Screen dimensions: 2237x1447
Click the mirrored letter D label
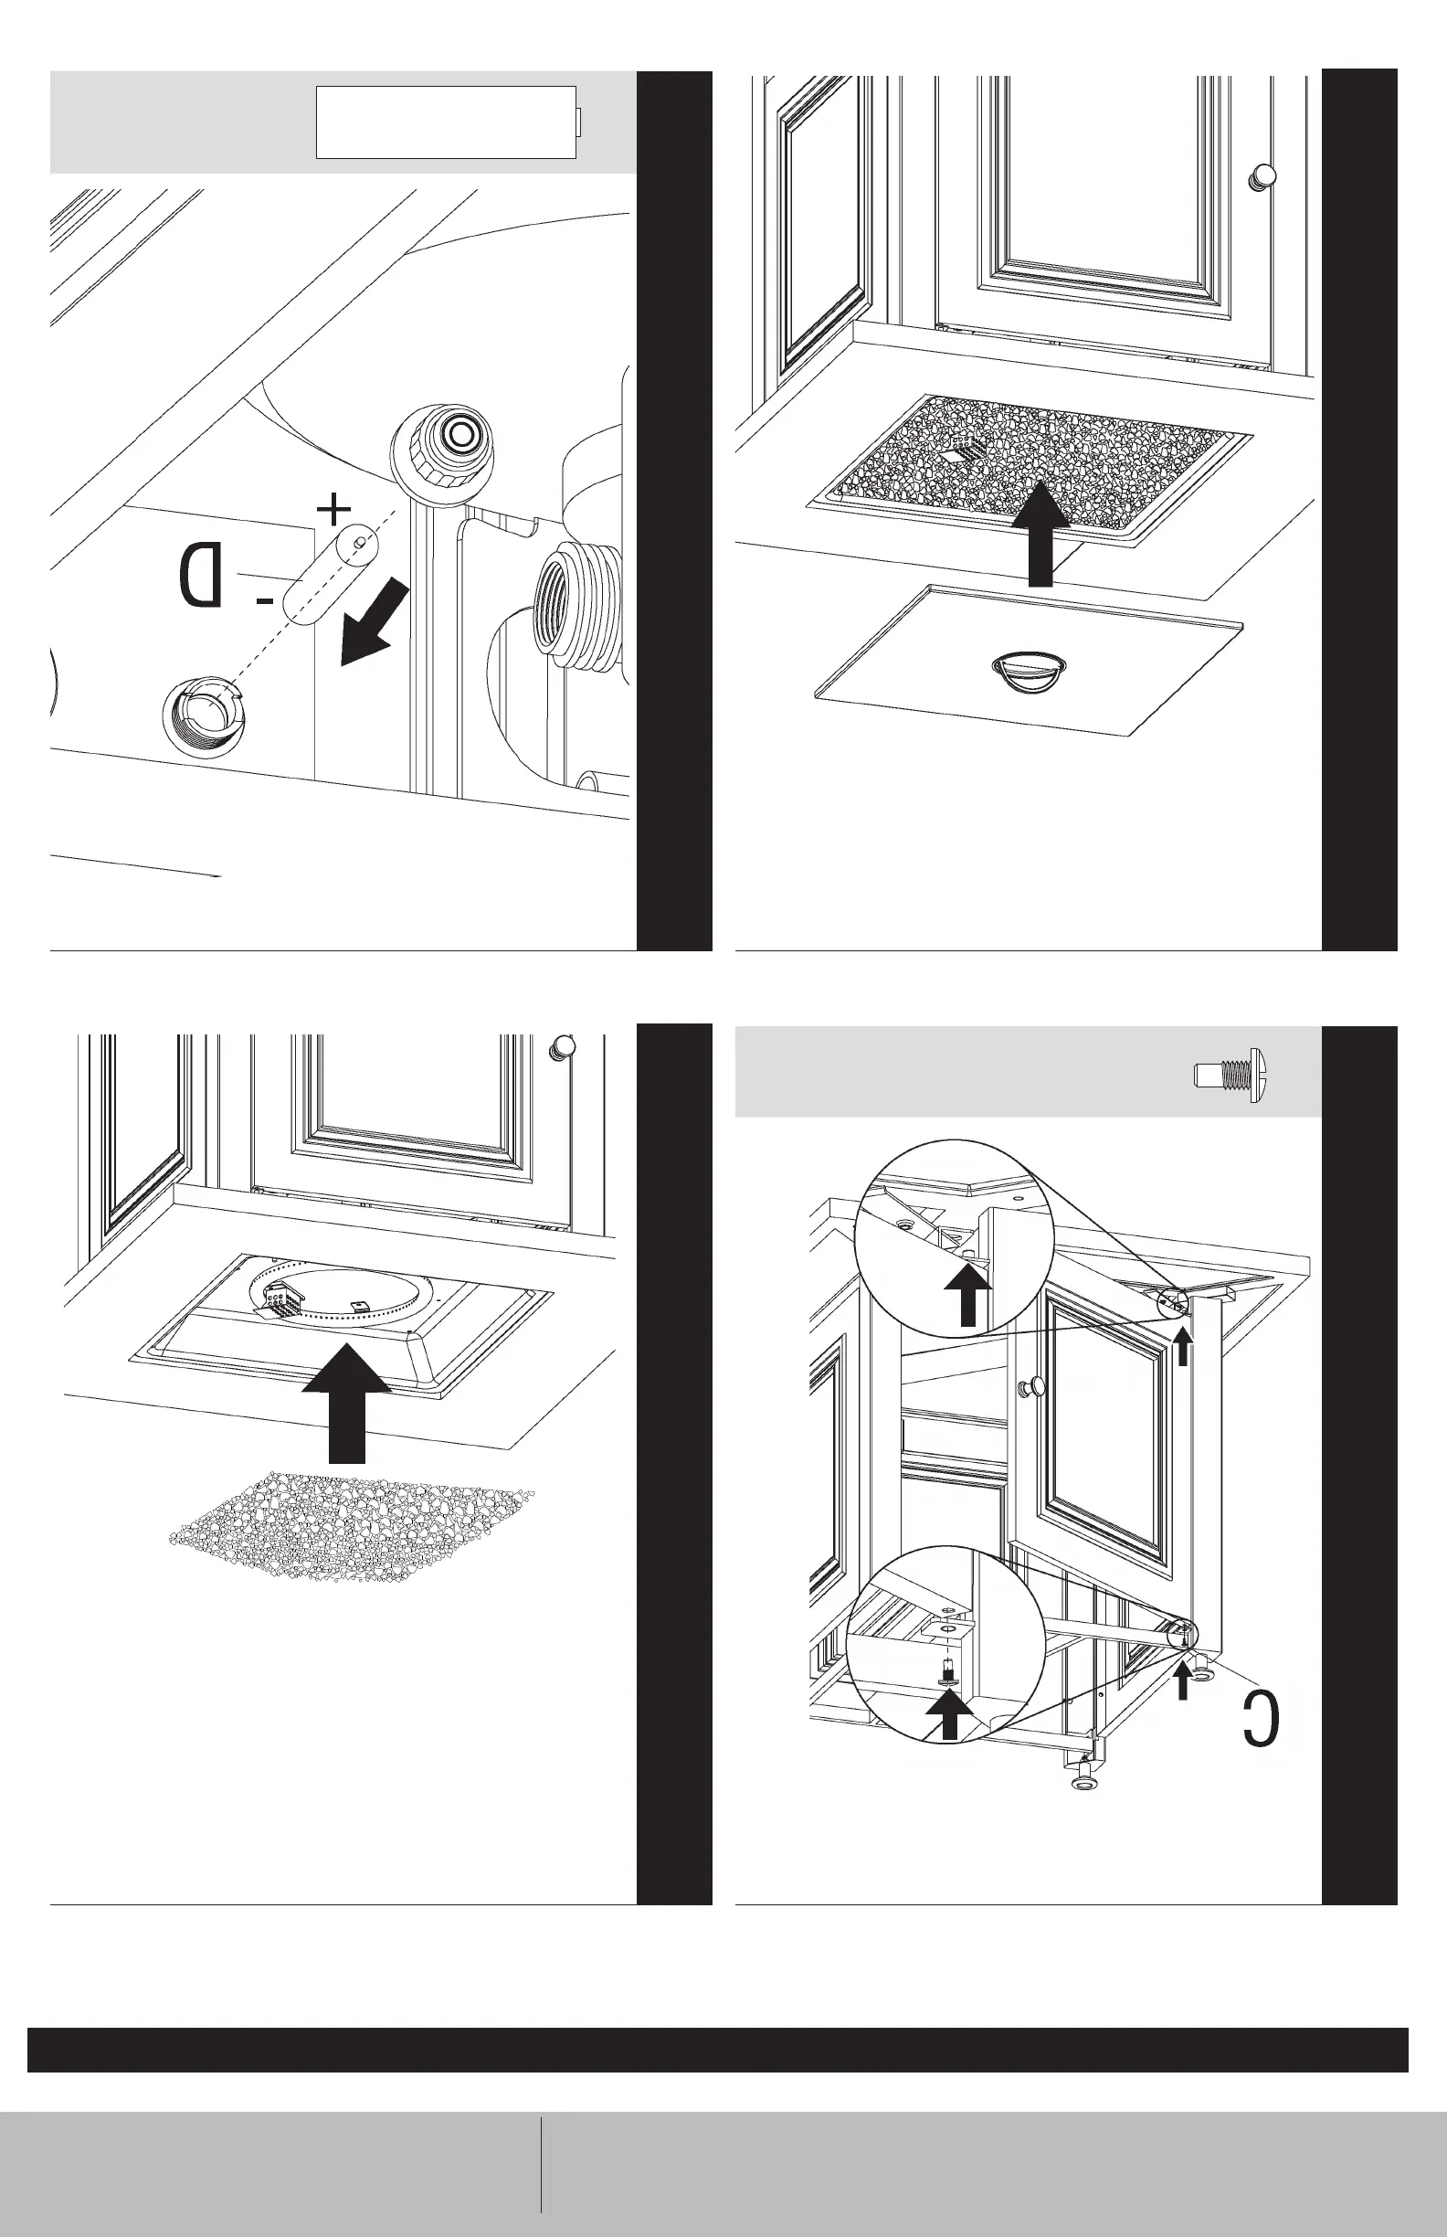201,574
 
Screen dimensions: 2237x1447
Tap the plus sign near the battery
333,509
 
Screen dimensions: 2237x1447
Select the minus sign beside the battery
266,599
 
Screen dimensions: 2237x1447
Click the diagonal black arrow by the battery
374,622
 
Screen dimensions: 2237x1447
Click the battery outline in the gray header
448,122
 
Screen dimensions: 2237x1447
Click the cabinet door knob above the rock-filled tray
1262,175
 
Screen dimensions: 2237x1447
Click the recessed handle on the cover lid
1029,671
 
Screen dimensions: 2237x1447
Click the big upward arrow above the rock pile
348,1405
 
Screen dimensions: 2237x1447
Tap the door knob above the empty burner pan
563,1046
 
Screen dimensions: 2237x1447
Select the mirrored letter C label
1261,1717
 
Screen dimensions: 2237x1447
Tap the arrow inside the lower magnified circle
950,1712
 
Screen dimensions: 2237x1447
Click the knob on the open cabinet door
1034,1384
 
